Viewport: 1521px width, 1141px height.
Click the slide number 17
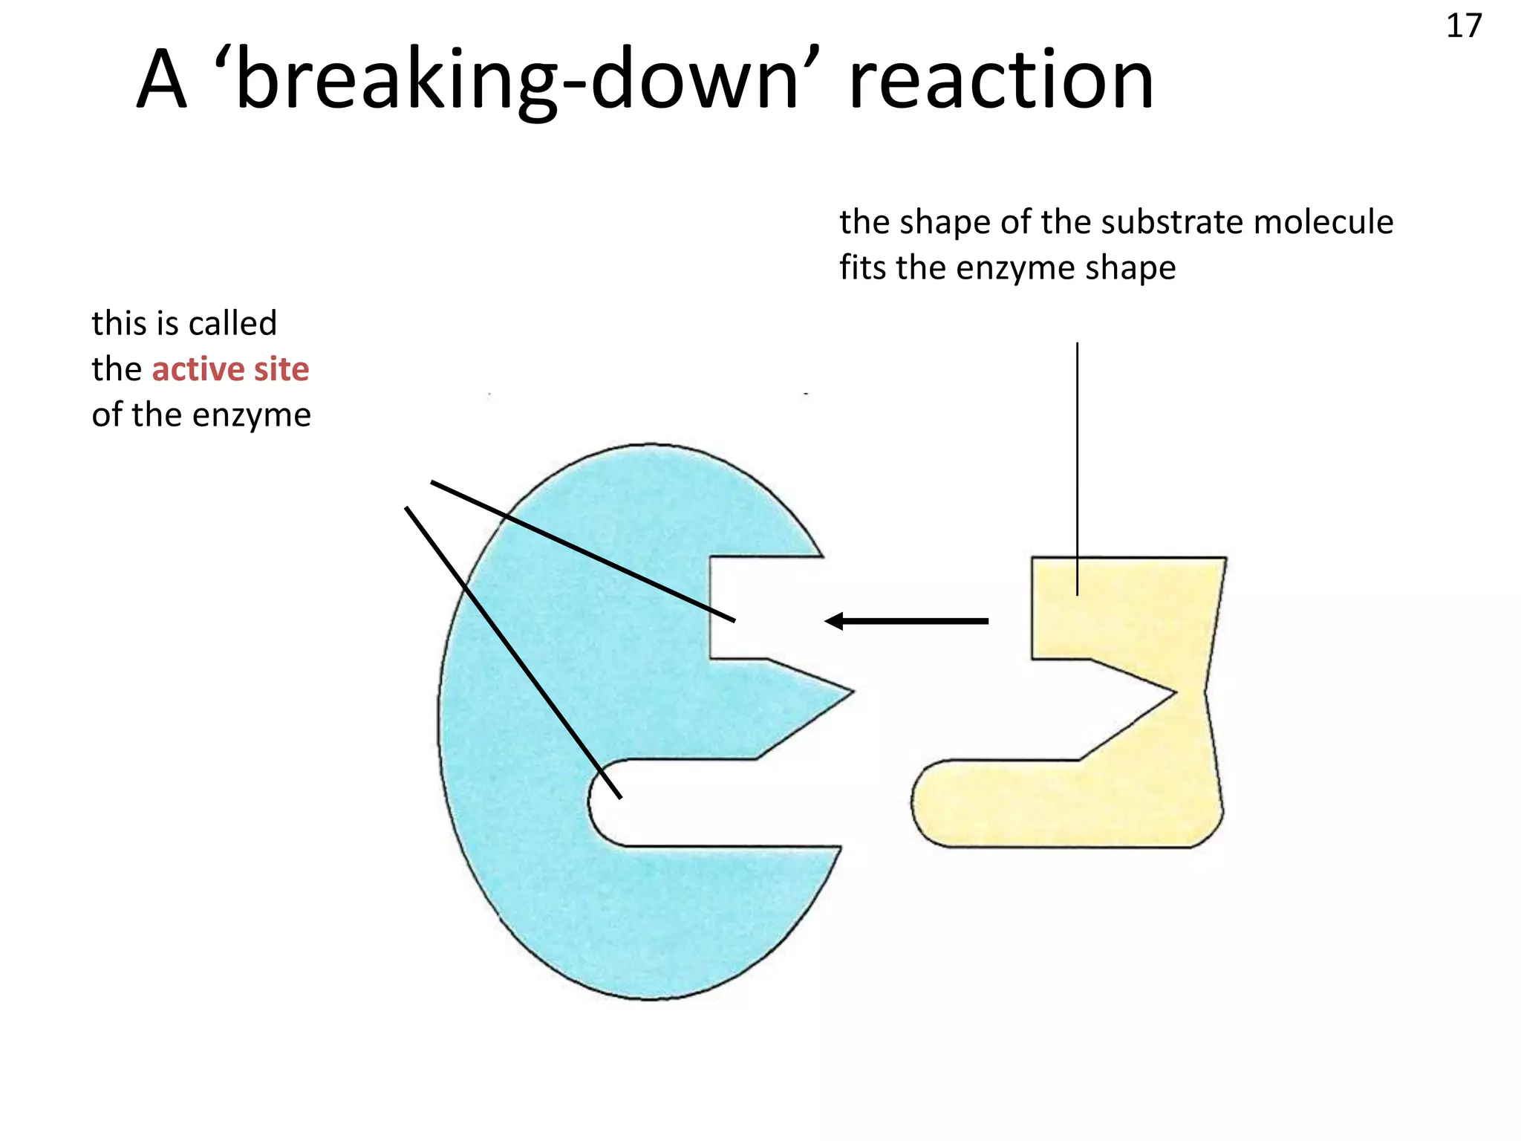[x=1463, y=27]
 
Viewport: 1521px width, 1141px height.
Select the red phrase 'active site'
[x=230, y=369]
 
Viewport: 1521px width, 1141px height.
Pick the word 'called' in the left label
[x=232, y=323]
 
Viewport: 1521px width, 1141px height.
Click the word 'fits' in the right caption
[x=863, y=267]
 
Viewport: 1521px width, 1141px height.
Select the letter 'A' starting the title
[x=161, y=80]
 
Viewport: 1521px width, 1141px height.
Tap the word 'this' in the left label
[x=117, y=323]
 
